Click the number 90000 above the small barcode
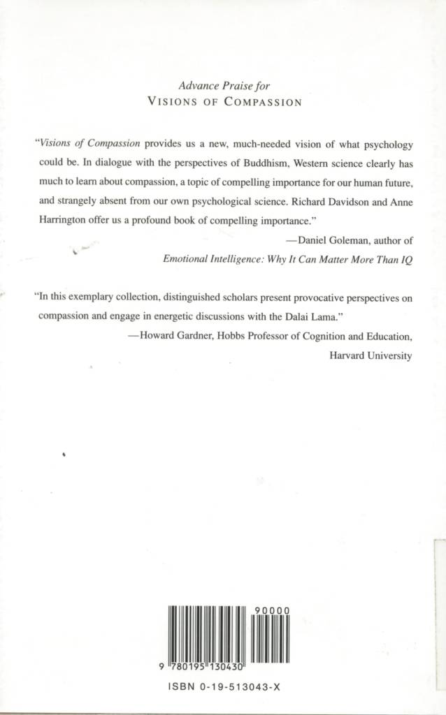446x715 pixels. pos(271,610)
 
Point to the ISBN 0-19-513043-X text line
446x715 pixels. pos(224,687)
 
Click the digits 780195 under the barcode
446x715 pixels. pos(188,668)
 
